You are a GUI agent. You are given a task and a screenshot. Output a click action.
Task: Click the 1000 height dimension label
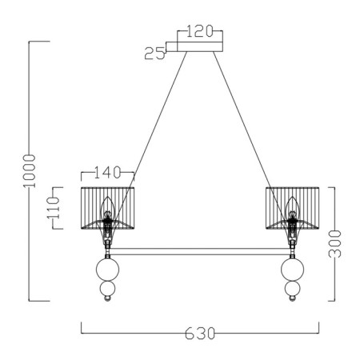pyautogui.click(x=29, y=171)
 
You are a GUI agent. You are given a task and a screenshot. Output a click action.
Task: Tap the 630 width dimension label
pyautogui.click(x=200, y=334)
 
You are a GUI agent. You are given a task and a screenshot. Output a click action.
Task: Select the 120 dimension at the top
pyautogui.click(x=200, y=31)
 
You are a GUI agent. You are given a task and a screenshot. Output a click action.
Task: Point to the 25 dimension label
pyautogui.click(x=154, y=53)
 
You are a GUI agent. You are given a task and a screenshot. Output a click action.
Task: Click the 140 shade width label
pyautogui.click(x=108, y=172)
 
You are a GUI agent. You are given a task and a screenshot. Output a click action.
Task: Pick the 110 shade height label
pyautogui.click(x=53, y=208)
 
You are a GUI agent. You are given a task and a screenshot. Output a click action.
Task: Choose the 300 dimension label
pyautogui.click(x=334, y=244)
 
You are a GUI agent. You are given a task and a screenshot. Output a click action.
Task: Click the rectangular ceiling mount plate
pyautogui.click(x=200, y=46)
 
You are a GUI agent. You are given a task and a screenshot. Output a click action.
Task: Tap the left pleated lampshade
pyautogui.click(x=107, y=208)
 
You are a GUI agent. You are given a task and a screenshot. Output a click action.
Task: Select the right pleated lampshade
pyautogui.click(x=293, y=208)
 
